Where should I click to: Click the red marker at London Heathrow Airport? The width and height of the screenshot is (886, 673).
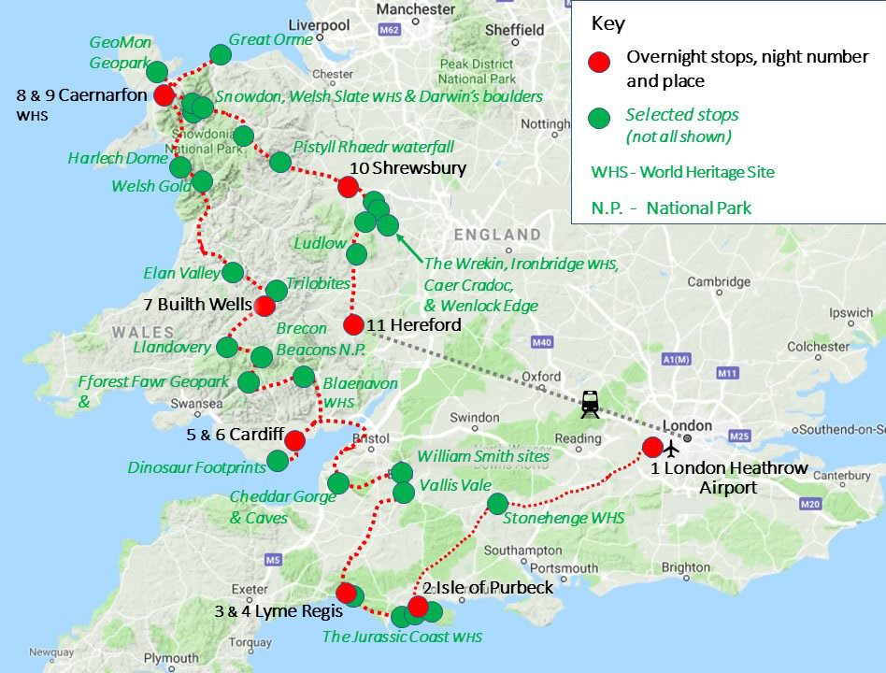point(652,447)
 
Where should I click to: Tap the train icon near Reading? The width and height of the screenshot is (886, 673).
point(590,403)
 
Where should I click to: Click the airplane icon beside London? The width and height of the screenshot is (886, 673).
point(671,443)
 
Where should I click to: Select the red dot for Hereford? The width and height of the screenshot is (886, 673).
point(353,324)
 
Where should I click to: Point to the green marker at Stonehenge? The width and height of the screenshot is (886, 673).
point(497,503)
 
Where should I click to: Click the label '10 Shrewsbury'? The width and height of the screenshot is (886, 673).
point(407,168)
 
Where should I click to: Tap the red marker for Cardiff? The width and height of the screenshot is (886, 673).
point(294,440)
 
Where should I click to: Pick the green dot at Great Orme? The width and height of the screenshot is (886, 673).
point(221,54)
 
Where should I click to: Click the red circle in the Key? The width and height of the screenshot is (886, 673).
point(599,62)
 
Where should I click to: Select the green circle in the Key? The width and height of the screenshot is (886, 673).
point(599,119)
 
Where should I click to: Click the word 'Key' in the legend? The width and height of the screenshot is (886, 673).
point(607,23)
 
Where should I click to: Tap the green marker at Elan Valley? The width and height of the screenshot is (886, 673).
point(233,272)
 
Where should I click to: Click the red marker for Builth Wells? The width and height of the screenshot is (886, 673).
point(264,306)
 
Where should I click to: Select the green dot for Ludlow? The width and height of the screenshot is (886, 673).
point(356,253)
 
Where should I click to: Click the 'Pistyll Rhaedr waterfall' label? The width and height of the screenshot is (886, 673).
point(373,147)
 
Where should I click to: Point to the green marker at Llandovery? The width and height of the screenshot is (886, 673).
point(227,348)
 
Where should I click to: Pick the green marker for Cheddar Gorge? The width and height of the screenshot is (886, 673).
point(338,482)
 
